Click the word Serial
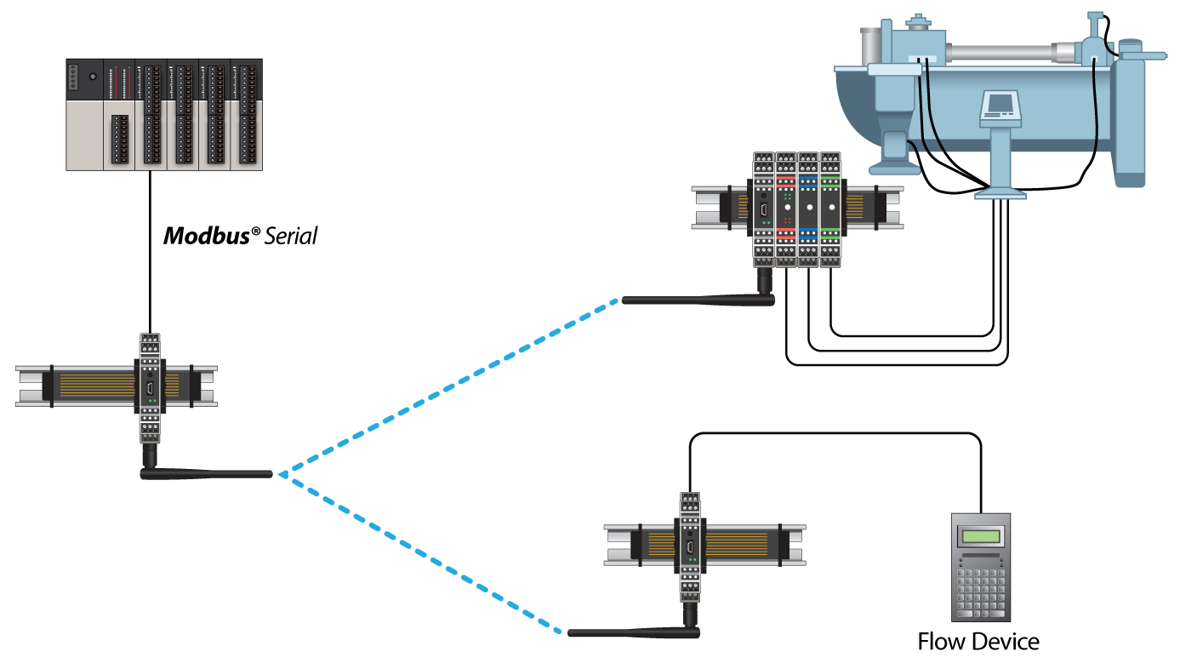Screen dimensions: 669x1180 290,236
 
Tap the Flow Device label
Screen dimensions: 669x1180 978,641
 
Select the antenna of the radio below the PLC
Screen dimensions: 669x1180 208,472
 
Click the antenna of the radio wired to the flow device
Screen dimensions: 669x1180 634,632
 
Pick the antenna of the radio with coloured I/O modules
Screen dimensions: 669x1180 698,299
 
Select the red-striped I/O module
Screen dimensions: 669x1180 786,209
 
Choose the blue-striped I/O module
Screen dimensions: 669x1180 808,209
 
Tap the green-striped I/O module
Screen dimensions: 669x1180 830,209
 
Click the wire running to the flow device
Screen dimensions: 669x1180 834,435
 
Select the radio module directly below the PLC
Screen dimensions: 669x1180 150,387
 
